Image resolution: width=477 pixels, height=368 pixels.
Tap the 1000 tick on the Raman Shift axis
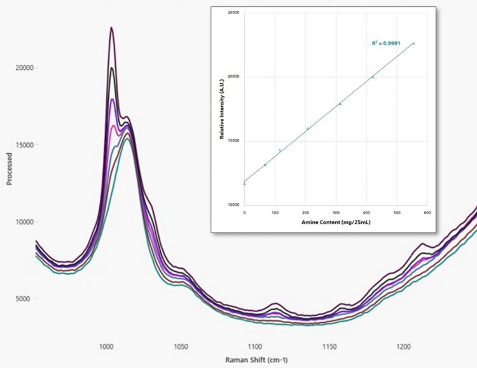tap(106, 348)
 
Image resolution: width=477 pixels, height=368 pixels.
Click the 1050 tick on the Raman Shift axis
tap(181, 348)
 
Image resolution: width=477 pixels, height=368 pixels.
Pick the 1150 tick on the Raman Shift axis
tap(329, 348)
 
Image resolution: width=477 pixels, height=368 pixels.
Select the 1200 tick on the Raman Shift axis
tap(403, 348)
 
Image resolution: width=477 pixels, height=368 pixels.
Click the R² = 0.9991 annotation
tap(386, 43)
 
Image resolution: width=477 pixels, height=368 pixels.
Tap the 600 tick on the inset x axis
tap(427, 212)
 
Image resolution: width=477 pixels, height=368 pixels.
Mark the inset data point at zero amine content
tap(245, 184)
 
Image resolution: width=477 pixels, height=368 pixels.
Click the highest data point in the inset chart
tap(414, 43)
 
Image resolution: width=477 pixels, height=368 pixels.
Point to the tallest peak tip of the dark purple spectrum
tap(111, 27)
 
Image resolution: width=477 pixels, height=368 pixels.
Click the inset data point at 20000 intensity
tap(373, 77)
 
